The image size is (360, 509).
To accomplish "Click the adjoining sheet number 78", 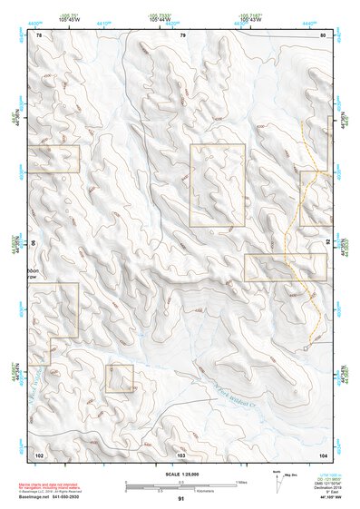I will [40, 34].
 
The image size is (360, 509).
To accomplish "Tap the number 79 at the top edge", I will [182, 34].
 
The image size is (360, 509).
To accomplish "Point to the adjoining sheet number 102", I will [40, 453].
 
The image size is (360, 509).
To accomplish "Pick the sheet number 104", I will [324, 453].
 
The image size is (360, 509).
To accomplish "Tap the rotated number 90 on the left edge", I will [34, 243].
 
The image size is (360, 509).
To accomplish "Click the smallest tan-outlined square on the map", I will [120, 378].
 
